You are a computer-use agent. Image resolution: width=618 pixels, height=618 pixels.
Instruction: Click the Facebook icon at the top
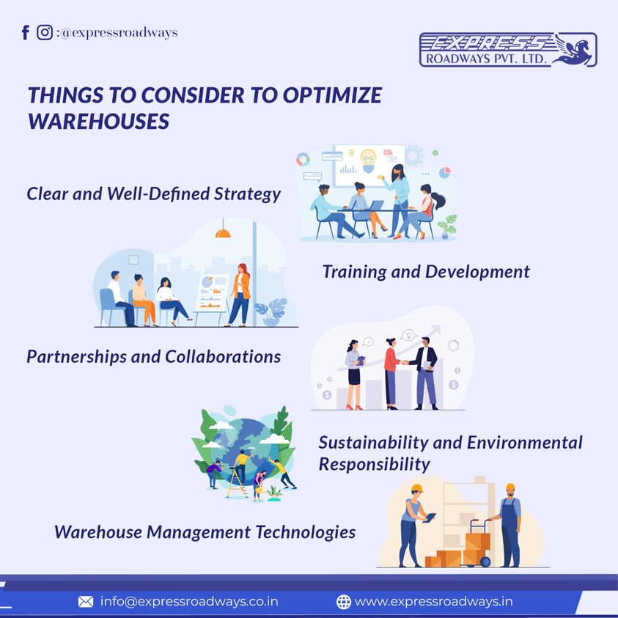[x=26, y=32]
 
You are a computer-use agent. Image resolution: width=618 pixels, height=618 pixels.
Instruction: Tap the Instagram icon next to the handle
[x=45, y=32]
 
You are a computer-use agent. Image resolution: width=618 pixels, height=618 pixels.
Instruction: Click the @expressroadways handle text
[x=119, y=33]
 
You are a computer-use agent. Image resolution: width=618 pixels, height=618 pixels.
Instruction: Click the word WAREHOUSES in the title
[x=99, y=121]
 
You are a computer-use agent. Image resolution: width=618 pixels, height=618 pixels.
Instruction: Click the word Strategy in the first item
[x=246, y=194]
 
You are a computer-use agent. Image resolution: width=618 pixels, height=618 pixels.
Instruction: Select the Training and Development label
[x=425, y=271]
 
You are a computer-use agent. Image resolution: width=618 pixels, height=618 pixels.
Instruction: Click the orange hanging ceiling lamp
[x=223, y=232]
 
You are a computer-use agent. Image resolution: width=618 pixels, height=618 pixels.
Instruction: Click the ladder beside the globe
[x=237, y=479]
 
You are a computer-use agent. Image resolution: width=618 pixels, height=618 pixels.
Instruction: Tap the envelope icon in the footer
[x=86, y=602]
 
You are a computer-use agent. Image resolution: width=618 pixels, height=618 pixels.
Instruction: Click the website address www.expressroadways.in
[x=433, y=602]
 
